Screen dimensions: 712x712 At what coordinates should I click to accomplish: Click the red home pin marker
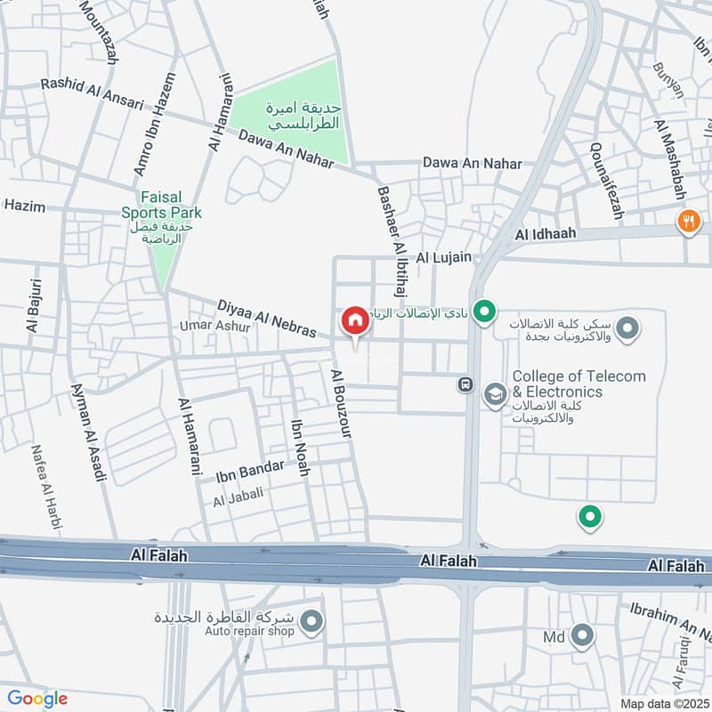pyautogui.click(x=354, y=320)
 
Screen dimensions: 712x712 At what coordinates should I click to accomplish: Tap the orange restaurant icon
pyautogui.click(x=688, y=220)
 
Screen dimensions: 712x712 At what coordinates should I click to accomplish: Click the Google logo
pyautogui.click(x=36, y=699)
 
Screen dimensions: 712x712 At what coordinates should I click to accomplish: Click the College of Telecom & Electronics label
pyautogui.click(x=578, y=384)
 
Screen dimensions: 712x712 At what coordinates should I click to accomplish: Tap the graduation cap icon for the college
pyautogui.click(x=494, y=392)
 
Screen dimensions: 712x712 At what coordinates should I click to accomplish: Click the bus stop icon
pyautogui.click(x=464, y=384)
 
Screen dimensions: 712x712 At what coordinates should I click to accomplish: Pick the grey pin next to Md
pyautogui.click(x=582, y=635)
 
